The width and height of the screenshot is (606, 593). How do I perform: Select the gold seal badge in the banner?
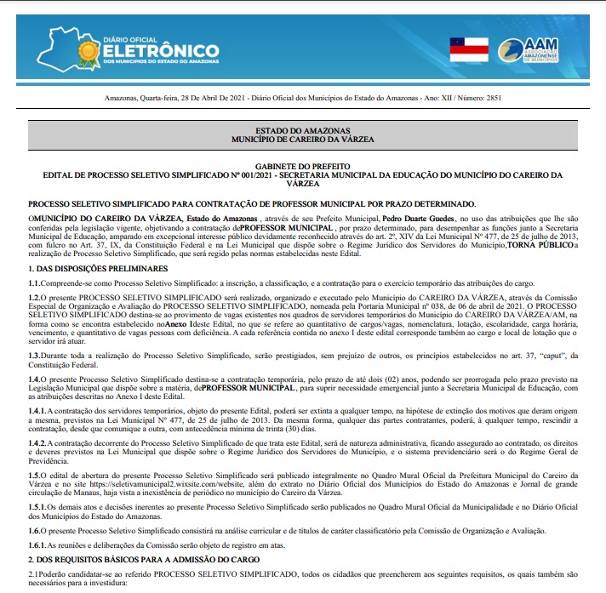[x=90, y=52]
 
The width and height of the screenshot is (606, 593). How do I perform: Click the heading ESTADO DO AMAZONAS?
[x=302, y=130]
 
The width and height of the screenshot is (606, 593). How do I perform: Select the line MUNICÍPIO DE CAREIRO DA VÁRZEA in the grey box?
[x=302, y=139]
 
